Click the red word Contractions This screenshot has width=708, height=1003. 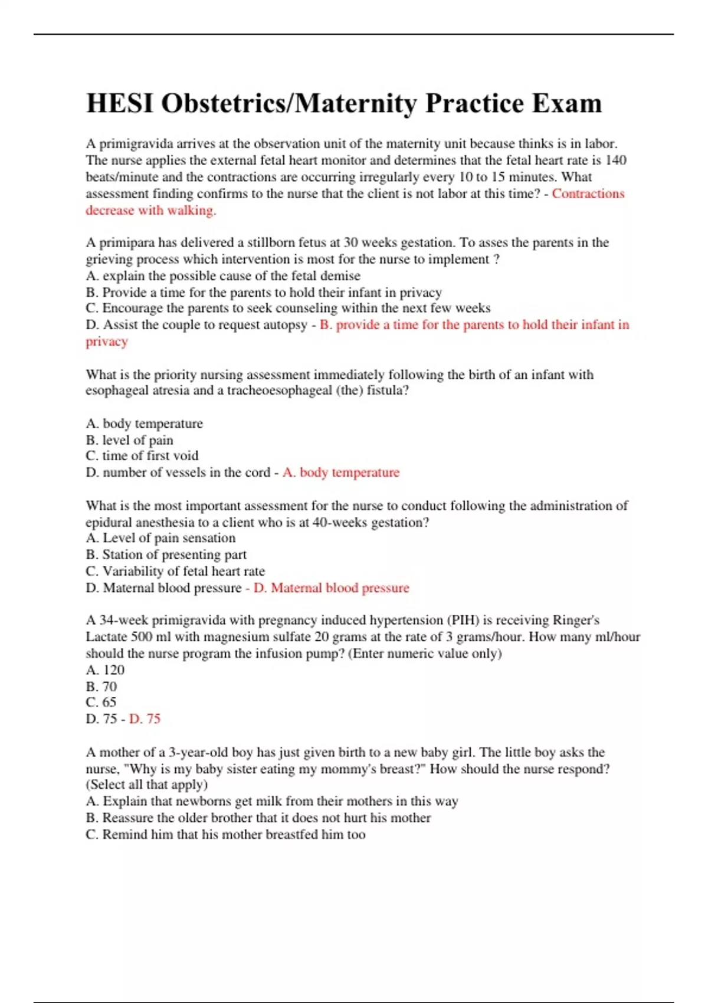[588, 194]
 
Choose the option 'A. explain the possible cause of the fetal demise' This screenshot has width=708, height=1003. [223, 276]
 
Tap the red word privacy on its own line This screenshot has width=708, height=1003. [107, 342]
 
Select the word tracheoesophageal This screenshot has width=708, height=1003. [280, 391]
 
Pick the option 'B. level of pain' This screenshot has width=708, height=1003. [129, 440]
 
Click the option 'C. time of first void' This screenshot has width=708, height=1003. [142, 456]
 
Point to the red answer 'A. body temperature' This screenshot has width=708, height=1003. [341, 473]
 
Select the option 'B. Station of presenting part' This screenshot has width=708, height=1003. [166, 555]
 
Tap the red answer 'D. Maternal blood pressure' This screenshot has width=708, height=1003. [331, 588]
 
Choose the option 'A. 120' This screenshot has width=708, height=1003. [105, 670]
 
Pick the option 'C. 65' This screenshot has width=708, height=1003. [101, 703]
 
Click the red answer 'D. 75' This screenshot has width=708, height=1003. [145, 719]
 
